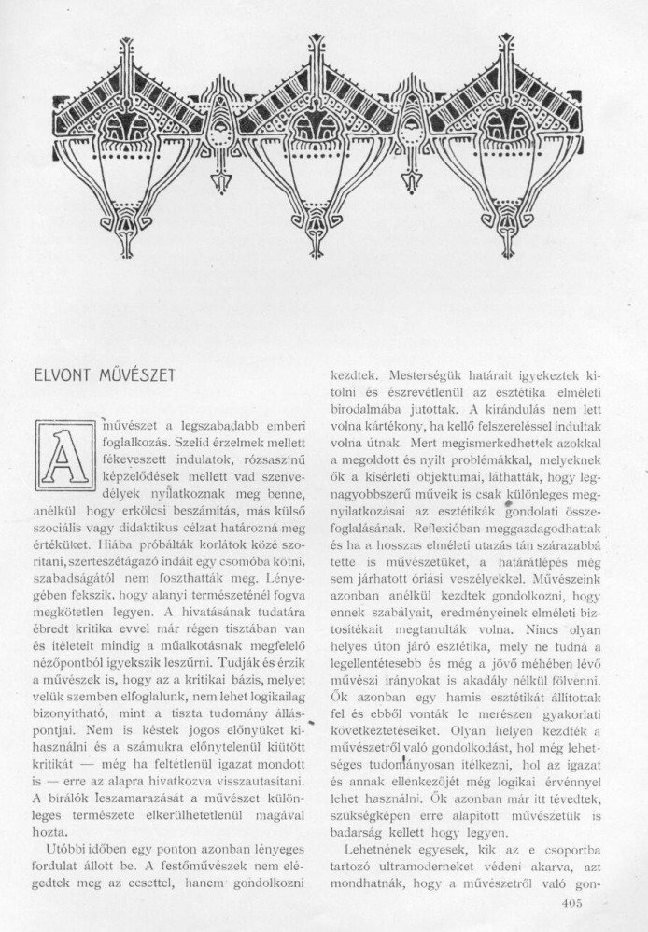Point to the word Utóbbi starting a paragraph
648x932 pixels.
[75, 843]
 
